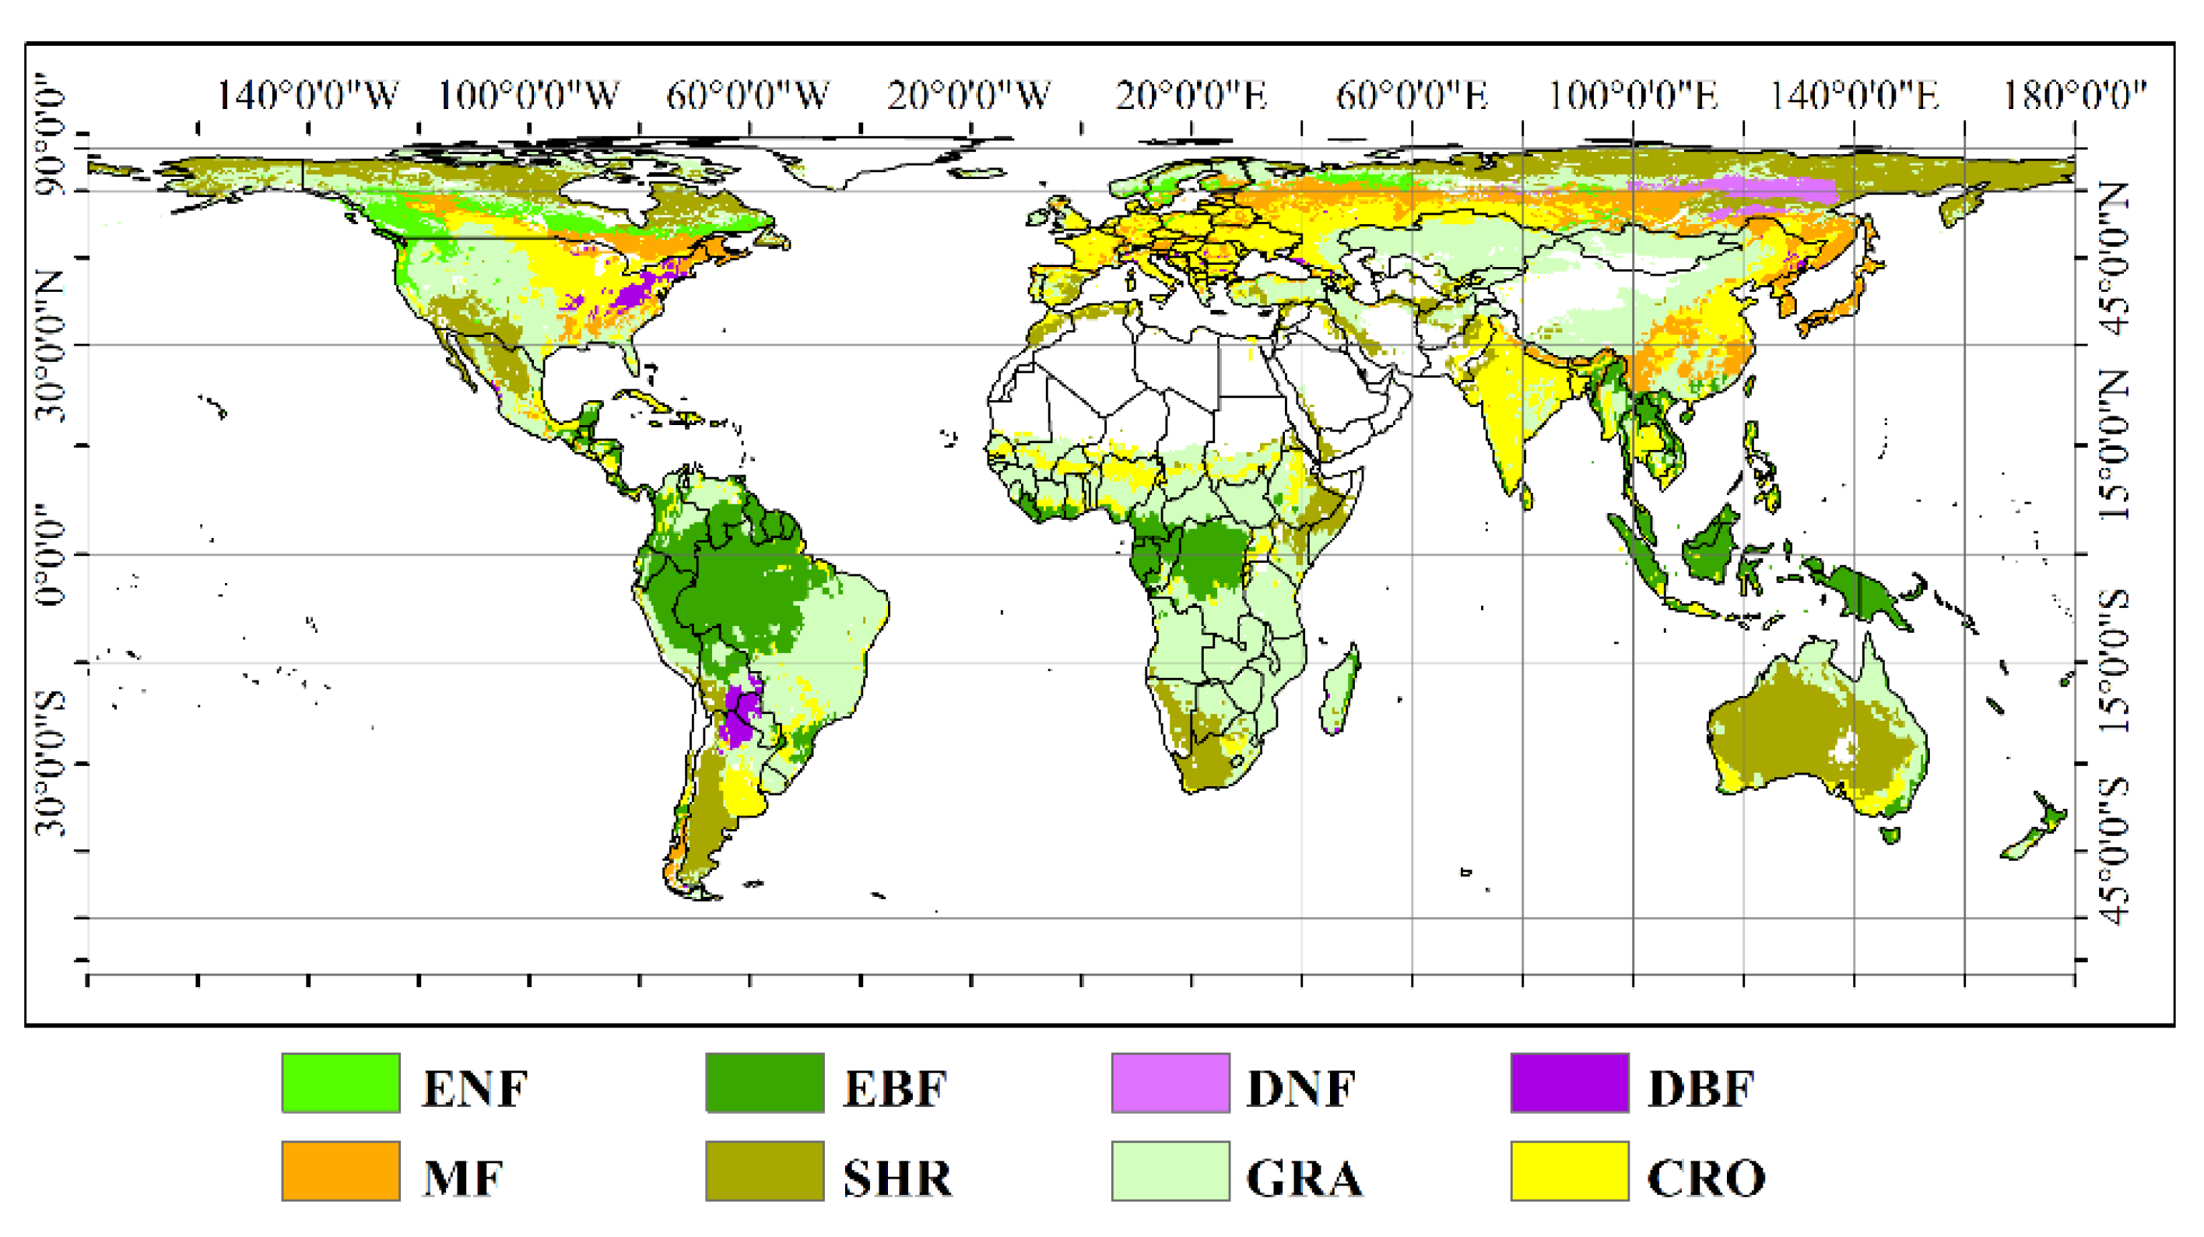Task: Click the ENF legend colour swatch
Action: click(x=341, y=1083)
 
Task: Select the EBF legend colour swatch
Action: click(x=765, y=1083)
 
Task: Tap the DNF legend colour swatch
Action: click(x=1170, y=1083)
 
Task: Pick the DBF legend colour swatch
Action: click(x=1569, y=1083)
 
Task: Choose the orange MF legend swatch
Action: click(x=341, y=1171)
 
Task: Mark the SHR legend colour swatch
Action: click(x=765, y=1171)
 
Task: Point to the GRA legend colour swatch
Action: click(x=1170, y=1171)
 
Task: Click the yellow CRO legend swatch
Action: click(x=1569, y=1171)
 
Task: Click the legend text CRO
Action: click(x=1706, y=1178)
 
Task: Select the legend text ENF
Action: click(x=475, y=1089)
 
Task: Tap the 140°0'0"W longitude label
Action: click(x=307, y=96)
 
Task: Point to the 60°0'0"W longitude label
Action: click(x=748, y=96)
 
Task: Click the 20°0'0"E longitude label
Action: click(x=1191, y=96)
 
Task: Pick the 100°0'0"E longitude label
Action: click(x=1634, y=96)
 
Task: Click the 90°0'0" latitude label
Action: click(x=50, y=135)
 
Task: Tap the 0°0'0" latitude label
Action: click(x=50, y=553)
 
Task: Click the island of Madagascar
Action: click(x=1339, y=694)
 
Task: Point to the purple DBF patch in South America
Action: click(x=740, y=715)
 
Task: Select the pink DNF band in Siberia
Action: click(x=1737, y=190)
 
